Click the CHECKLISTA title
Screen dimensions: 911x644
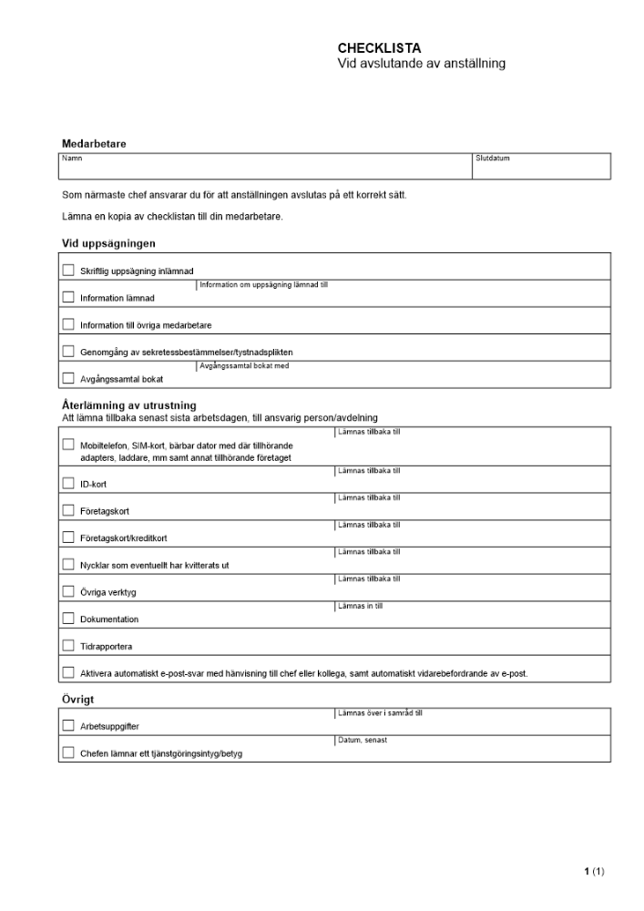pos(379,47)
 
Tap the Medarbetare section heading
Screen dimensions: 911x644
pos(94,144)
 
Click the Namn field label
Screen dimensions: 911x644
pos(71,159)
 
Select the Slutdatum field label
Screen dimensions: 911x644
pos(493,159)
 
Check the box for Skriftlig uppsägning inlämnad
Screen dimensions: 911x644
pos(68,270)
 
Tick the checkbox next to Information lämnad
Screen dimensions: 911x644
pos(68,297)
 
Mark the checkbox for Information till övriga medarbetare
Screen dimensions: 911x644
pos(68,324)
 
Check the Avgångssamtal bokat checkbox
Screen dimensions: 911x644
pos(68,378)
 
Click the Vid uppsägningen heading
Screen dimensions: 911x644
pos(108,243)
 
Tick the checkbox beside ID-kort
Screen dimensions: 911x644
pos(68,484)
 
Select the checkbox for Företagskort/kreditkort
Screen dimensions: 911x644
pos(68,537)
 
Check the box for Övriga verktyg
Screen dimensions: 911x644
pos(68,591)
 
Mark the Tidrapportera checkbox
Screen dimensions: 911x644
pos(68,646)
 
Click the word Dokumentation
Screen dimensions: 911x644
pos(109,619)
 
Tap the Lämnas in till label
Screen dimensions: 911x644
pos(360,606)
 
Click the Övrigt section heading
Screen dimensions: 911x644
pos(79,700)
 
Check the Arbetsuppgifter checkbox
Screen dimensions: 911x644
pos(68,726)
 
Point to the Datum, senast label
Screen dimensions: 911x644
pos(362,741)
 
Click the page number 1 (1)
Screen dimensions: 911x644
pos(594,872)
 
